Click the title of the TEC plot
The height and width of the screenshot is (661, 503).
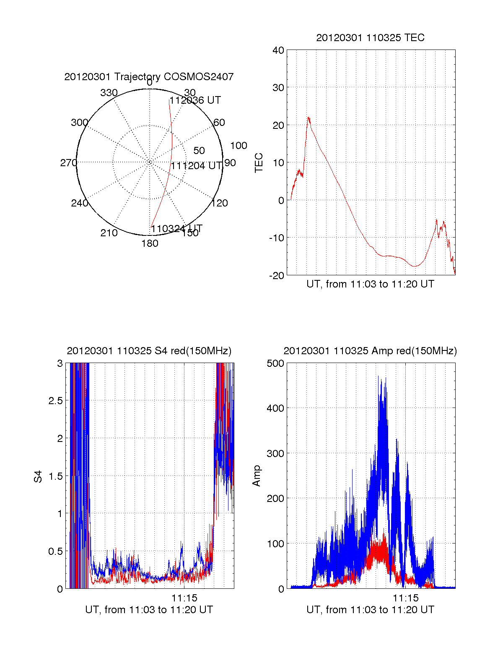370,38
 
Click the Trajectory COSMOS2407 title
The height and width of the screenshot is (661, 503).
149,77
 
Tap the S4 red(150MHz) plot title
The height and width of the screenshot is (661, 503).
149,351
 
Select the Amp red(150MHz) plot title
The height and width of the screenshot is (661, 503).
370,351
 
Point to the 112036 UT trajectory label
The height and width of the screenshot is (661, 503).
195,100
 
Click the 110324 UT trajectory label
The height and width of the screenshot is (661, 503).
176,229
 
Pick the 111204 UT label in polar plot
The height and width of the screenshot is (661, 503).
196,166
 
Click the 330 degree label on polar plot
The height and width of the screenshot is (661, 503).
109,93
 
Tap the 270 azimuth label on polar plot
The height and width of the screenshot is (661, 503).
69,163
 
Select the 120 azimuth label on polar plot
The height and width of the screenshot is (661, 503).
220,204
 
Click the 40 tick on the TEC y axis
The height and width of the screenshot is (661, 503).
278,50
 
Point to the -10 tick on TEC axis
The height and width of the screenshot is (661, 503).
276,238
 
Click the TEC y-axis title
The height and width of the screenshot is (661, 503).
259,163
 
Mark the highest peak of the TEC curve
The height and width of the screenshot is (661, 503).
309,118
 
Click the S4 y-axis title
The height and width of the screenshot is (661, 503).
38,476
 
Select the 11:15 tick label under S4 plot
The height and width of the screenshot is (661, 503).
184,598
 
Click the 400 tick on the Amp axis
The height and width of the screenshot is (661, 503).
275,408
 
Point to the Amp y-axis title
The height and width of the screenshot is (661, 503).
257,476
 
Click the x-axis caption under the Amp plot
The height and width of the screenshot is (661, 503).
370,610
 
